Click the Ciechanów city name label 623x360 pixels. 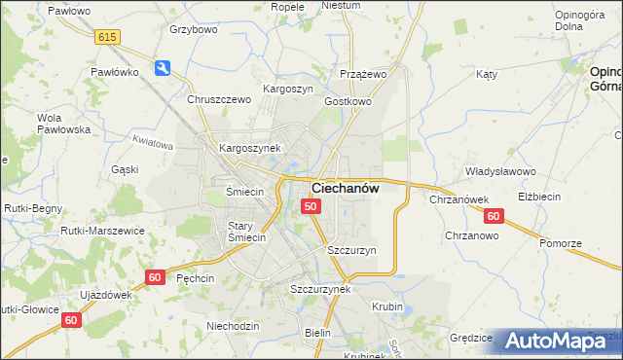tap(345, 188)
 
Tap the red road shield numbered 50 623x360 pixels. tap(310, 206)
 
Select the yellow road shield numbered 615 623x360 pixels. tap(107, 36)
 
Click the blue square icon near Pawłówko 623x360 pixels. tap(163, 67)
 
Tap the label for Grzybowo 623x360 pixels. tap(192, 29)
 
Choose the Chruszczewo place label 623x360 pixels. tap(219, 99)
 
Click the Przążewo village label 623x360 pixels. tap(364, 74)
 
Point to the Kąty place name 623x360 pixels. tap(487, 74)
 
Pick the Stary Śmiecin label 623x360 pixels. tap(246, 232)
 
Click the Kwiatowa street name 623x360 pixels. tap(151, 144)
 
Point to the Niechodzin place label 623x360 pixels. tap(233, 326)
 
